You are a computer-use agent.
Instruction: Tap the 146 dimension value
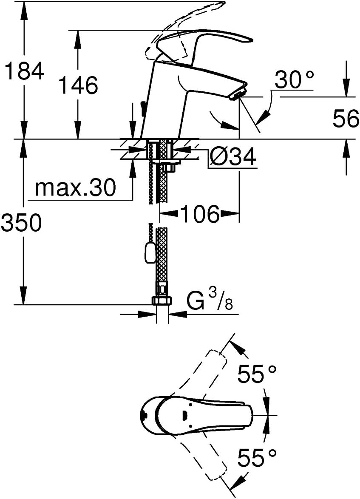(x=79, y=85)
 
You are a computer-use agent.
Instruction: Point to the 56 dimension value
(x=346, y=119)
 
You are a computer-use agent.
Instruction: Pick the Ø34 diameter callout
(x=232, y=156)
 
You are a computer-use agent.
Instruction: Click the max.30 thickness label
(x=75, y=188)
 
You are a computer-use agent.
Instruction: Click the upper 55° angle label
(x=257, y=374)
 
